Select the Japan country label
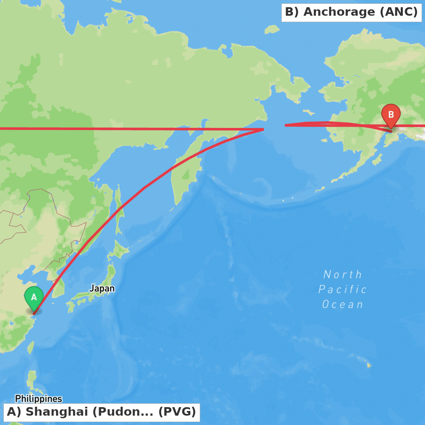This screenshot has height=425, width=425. [102, 289]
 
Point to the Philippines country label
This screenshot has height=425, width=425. [39, 399]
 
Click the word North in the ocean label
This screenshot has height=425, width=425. [343, 275]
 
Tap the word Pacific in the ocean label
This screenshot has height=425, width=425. [343, 289]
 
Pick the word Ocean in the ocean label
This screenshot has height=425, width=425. [343, 304]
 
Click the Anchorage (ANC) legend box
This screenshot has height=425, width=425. [351, 12]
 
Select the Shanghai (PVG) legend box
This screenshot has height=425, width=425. [102, 412]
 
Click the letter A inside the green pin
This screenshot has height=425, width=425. [34, 297]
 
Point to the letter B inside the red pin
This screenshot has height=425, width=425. [391, 114]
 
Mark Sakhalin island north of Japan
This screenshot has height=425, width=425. [119, 208]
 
